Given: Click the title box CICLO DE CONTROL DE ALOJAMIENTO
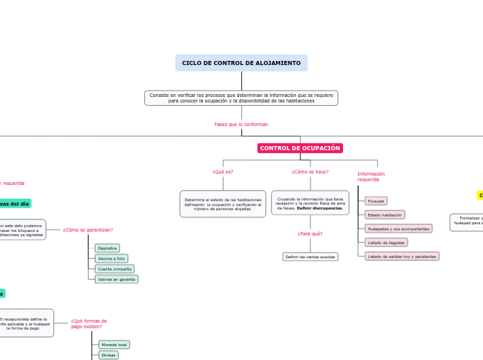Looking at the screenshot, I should (x=241, y=63).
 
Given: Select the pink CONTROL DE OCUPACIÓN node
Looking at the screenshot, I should (x=300, y=148).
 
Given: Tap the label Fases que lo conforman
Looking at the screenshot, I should (x=241, y=124).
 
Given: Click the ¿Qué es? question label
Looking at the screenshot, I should (x=222, y=172).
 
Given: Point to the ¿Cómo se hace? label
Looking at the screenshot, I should (x=310, y=172).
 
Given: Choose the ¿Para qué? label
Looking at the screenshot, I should (x=310, y=233).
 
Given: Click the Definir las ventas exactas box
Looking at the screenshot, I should (x=310, y=256).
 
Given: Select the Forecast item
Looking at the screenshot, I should (x=376, y=201).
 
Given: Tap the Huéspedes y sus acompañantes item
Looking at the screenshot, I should (x=398, y=228).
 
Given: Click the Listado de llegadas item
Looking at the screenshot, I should (x=387, y=242).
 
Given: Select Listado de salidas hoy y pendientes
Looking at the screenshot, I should (x=402, y=256).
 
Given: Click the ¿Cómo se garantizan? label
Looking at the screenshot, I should (x=88, y=229).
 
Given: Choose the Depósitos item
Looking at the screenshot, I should (x=107, y=248).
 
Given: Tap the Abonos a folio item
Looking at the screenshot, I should (x=112, y=258).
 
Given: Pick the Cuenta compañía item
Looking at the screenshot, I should (x=115, y=269).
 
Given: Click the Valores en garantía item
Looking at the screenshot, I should (x=116, y=279).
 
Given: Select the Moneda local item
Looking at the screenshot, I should (x=114, y=344).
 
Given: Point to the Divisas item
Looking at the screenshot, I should (x=108, y=354).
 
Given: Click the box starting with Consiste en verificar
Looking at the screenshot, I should (x=241, y=98).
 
